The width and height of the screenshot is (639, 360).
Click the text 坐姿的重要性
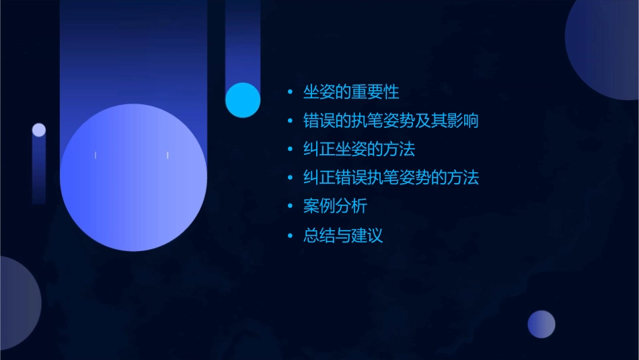[352, 92]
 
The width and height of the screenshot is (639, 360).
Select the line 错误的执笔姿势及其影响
[391, 121]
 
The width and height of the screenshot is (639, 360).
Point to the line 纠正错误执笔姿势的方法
[391, 178]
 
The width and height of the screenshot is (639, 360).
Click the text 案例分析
[335, 207]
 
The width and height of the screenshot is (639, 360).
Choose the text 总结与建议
[343, 236]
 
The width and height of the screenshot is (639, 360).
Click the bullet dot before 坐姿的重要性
[290, 92]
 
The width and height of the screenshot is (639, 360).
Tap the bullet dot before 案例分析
[290, 207]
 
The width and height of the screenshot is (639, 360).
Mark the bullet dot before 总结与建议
[290, 236]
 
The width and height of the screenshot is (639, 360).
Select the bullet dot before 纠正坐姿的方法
[290, 149]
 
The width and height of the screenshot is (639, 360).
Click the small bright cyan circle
[243, 100]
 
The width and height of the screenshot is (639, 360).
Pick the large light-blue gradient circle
[133, 178]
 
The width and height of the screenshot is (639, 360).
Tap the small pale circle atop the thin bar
[39, 130]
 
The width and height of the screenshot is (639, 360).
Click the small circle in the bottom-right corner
[541, 324]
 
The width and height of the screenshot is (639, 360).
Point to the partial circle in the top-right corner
[605, 47]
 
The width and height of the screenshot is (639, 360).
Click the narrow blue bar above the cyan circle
[243, 40]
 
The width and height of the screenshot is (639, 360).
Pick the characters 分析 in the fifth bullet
[351, 207]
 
